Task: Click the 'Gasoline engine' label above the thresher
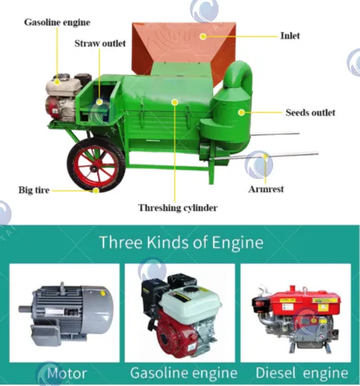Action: point(57,22)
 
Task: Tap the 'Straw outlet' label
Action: point(100,44)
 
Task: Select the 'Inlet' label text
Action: point(290,36)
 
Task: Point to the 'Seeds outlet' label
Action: point(310,113)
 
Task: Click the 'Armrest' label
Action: point(266,189)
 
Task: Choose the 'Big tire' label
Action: point(34,190)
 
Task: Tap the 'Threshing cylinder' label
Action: point(178,208)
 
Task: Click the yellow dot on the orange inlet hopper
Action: point(203,36)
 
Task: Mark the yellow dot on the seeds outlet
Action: point(241,112)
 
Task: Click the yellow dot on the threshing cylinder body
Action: point(175,102)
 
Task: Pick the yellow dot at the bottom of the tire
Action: point(96,190)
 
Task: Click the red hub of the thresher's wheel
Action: point(96,164)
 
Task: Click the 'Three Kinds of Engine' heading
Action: point(181,242)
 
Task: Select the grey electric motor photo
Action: point(66,312)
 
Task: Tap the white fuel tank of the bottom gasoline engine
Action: point(190,301)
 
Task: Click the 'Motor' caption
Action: point(67,373)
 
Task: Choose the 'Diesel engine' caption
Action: point(301,372)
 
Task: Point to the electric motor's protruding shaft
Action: point(25,309)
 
